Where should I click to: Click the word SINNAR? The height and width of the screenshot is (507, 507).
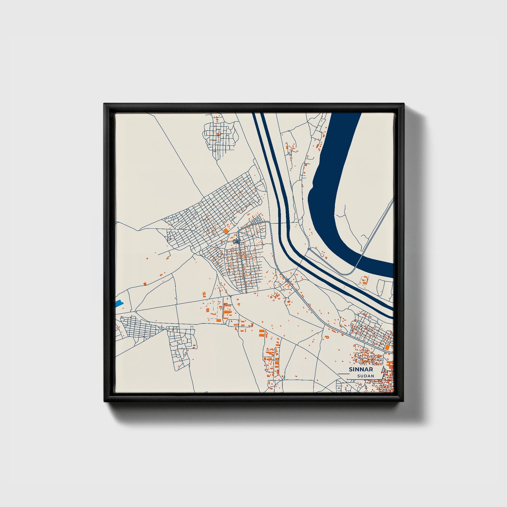click(361, 369)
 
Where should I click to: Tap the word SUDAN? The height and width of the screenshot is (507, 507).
click(366, 376)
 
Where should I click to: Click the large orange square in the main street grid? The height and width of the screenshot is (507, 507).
click(225, 230)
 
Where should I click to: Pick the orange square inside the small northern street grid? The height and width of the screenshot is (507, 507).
click(218, 134)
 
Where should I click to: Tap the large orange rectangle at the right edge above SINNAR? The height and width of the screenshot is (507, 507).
click(387, 347)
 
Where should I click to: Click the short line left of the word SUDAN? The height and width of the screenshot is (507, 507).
click(343, 375)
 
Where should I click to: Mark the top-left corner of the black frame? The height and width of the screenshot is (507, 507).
click(105, 104)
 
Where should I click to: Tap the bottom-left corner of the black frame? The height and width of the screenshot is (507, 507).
click(105, 402)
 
